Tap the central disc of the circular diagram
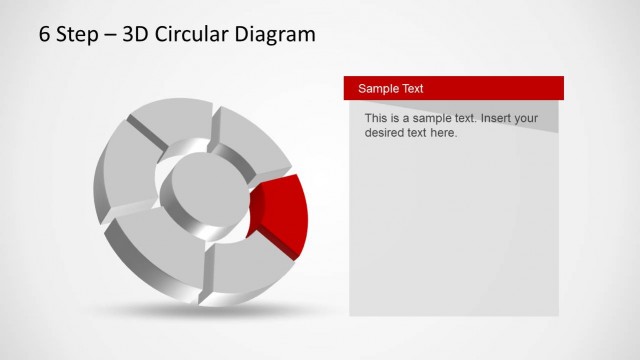[200, 190]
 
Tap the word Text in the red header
[412, 88]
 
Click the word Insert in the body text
[499, 118]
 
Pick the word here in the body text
[442, 132]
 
